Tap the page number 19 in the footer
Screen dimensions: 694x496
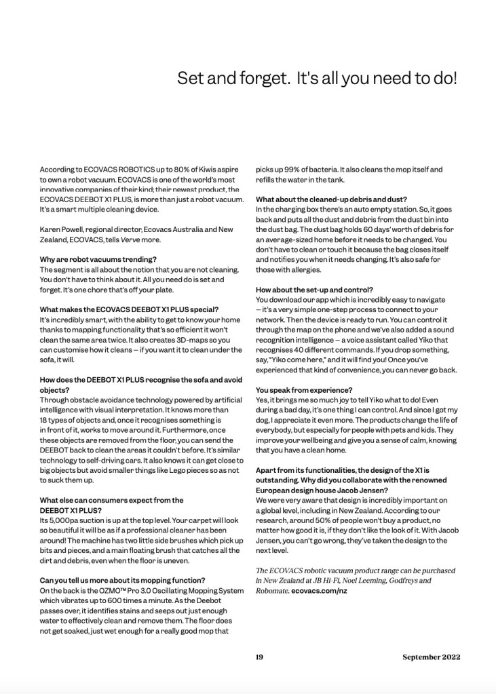259,657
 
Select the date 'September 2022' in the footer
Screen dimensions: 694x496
431,657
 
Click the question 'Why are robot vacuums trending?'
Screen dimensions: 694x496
98,259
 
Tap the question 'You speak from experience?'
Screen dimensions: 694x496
304,390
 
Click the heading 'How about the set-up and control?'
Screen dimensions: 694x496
314,290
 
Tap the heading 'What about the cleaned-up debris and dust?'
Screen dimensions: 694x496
331,199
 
